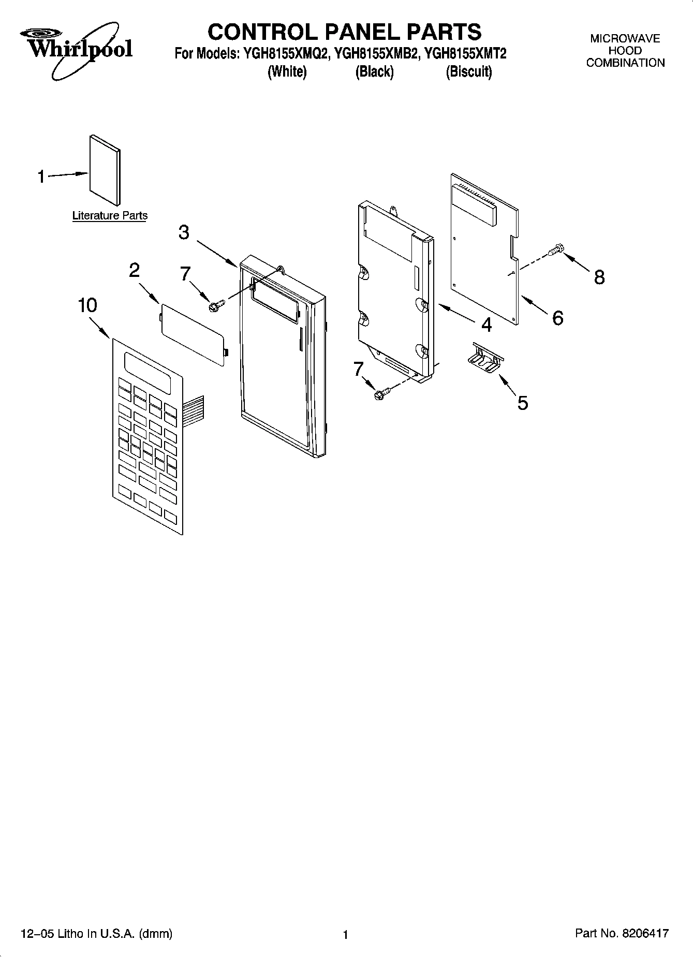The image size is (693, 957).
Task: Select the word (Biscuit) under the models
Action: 468,71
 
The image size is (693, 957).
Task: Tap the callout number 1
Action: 41,177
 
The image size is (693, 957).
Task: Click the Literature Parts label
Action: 110,216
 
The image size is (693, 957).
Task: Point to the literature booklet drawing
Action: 105,169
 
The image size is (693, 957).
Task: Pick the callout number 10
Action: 87,305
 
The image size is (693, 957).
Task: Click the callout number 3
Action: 184,232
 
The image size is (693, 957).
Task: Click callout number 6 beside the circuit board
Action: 557,318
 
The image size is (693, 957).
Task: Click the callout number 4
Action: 486,325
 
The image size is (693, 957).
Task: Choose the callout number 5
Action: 523,403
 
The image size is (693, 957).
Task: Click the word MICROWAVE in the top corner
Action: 625,39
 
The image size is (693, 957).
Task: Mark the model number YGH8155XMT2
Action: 464,53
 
